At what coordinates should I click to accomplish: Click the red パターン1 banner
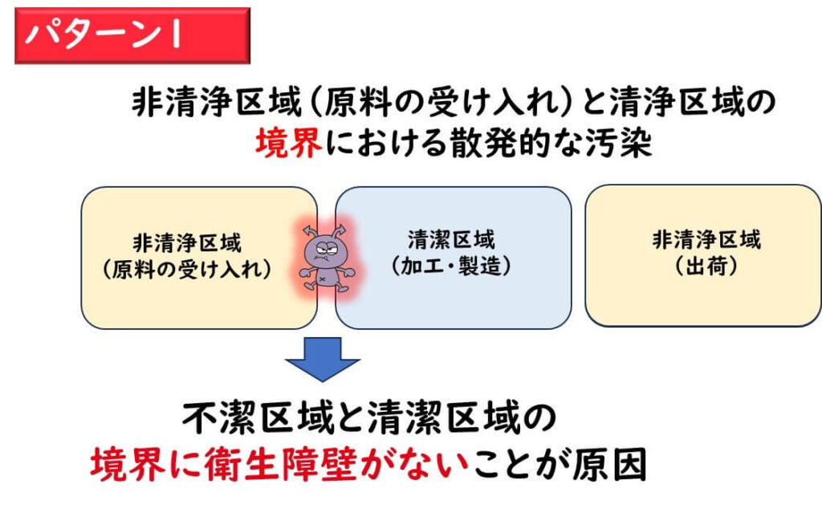132,36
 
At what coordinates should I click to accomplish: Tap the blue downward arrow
324,358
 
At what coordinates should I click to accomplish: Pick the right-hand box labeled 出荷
702,255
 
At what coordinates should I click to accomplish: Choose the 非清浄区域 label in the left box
188,242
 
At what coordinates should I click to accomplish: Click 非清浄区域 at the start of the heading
208,104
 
